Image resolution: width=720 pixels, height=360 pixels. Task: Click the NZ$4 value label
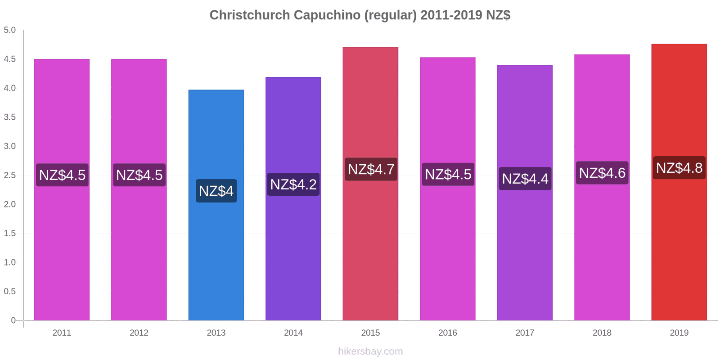click(216, 191)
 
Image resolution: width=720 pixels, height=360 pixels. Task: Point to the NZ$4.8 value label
click(679, 168)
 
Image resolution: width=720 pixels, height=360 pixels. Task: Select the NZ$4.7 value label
click(371, 169)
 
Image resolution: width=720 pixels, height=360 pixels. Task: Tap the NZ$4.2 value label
click(293, 184)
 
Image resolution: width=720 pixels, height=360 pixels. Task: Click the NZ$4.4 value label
click(525, 179)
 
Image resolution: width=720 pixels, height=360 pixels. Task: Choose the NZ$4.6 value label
click(602, 173)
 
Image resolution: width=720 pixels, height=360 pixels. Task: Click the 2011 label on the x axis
click(62, 333)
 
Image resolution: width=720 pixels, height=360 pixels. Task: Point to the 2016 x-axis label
click(447, 333)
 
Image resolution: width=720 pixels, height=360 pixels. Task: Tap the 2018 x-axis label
click(602, 333)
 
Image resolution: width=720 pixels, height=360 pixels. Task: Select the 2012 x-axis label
click(139, 333)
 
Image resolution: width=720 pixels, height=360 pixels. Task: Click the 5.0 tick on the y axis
click(10, 30)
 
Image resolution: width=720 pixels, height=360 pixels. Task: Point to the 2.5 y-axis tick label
click(10, 175)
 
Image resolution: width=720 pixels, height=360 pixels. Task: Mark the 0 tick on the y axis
click(13, 320)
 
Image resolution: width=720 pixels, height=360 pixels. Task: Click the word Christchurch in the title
click(250, 15)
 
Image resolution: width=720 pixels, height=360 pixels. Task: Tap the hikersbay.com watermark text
click(370, 351)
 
